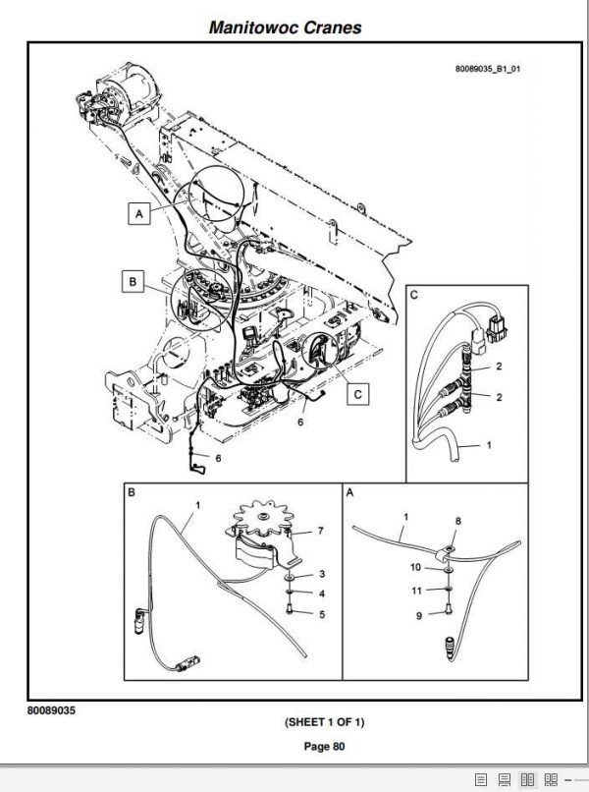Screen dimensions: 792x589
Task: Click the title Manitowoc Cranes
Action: pyautogui.click(x=285, y=28)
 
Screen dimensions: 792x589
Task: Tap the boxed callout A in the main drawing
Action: pyautogui.click(x=138, y=213)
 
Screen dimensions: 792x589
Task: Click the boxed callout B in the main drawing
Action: pyautogui.click(x=133, y=282)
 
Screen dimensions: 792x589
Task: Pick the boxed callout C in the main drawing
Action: pyautogui.click(x=358, y=394)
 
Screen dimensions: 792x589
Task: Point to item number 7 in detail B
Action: pyautogui.click(x=321, y=532)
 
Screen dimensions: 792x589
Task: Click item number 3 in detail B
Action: pyautogui.click(x=321, y=573)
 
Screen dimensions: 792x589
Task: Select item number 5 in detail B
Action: pyautogui.click(x=321, y=614)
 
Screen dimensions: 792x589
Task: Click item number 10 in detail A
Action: pyautogui.click(x=414, y=567)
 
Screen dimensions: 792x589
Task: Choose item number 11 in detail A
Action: pyautogui.click(x=414, y=591)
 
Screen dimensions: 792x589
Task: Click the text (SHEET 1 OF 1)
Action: pyautogui.click(x=325, y=722)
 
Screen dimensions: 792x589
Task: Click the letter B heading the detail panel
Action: pyautogui.click(x=132, y=491)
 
